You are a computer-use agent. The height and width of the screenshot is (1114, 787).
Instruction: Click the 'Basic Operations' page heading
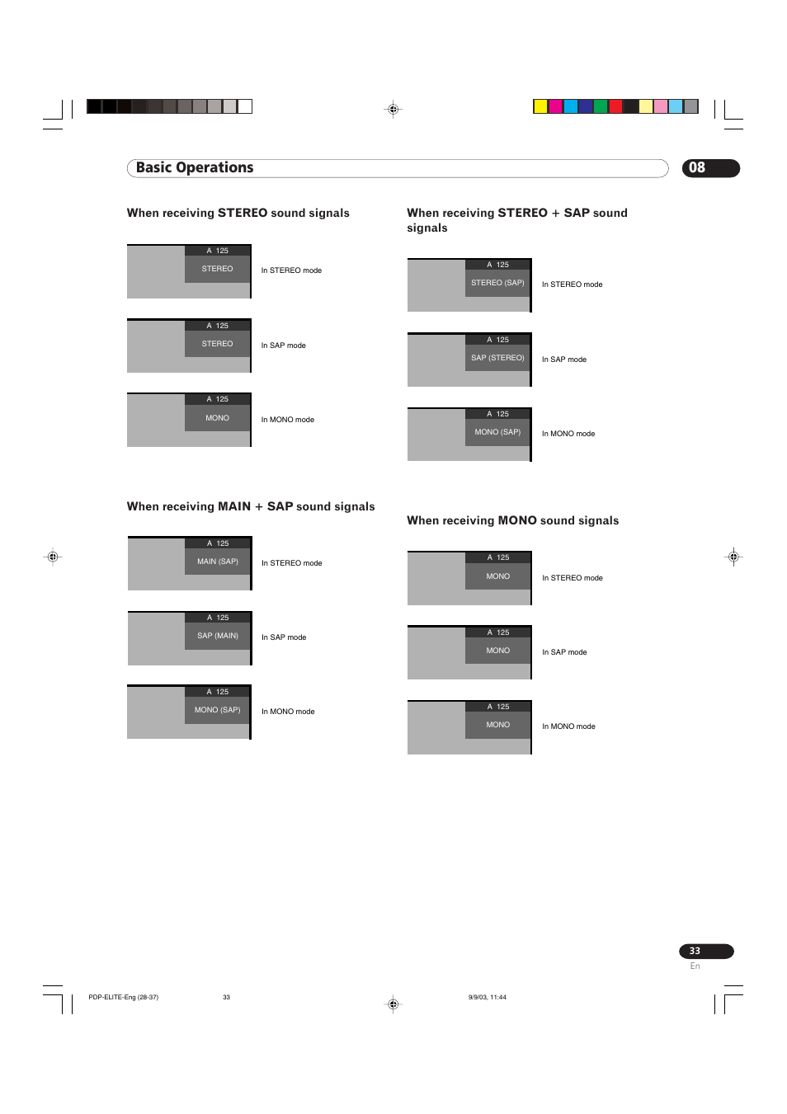(x=195, y=168)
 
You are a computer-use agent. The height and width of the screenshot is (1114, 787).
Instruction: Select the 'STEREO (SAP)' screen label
(x=497, y=283)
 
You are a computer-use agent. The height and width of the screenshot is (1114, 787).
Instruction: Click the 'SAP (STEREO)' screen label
(x=497, y=358)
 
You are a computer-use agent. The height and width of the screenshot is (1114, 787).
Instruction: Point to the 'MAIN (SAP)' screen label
(x=218, y=562)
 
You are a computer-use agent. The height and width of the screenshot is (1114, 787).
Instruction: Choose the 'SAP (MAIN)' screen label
(x=218, y=636)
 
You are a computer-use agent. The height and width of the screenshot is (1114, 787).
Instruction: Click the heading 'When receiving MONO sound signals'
(x=512, y=521)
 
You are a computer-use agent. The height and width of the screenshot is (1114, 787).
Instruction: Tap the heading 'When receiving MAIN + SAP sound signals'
(x=251, y=507)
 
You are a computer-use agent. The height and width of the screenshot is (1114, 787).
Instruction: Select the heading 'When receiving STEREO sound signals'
(x=238, y=214)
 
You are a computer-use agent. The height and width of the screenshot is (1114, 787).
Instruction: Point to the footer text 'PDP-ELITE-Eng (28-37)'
(x=123, y=998)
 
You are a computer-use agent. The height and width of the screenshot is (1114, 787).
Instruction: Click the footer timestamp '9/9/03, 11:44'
(x=487, y=998)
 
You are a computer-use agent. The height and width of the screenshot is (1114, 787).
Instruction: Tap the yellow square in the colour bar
(x=540, y=106)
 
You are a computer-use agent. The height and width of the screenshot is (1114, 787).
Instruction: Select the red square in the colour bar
(x=615, y=106)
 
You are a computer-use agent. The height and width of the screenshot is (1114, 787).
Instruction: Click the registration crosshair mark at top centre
(x=393, y=109)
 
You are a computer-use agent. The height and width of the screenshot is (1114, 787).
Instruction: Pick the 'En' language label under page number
(x=695, y=966)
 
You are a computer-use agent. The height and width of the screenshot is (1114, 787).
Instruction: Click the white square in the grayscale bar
(x=245, y=106)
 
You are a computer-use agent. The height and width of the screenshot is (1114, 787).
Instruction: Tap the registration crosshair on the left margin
(x=53, y=557)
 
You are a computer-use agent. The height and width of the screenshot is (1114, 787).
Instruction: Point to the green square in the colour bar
(x=601, y=106)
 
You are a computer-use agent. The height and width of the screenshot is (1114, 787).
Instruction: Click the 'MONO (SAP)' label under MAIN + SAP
(x=218, y=710)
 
